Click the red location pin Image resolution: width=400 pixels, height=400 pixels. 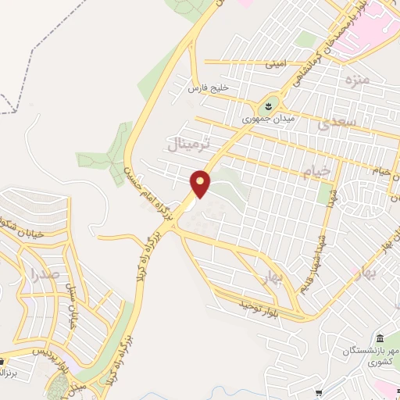[x=202, y=184]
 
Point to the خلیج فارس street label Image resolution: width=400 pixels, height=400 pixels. [x=206, y=89]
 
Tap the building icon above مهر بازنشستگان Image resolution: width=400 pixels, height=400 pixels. [x=379, y=337]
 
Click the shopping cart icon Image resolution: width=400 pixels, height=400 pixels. [x=3, y=362]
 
